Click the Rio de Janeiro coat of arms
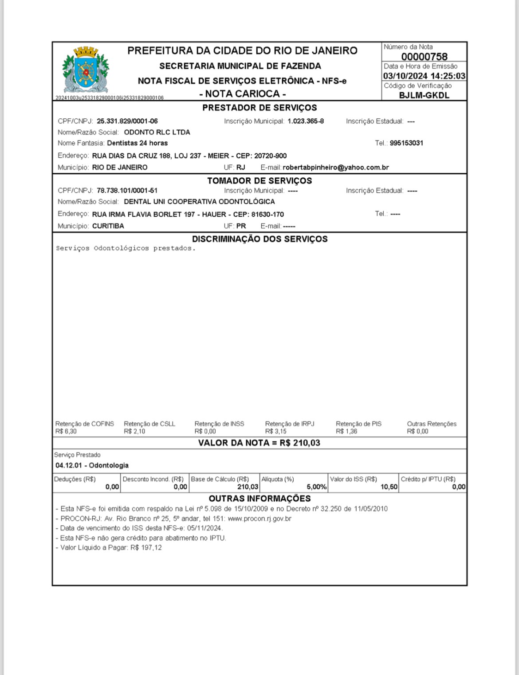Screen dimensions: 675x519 coord(86,70)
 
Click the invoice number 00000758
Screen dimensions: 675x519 coord(424,57)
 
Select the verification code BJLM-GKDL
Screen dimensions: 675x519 coord(424,95)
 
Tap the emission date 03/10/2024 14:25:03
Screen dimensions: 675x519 coord(424,76)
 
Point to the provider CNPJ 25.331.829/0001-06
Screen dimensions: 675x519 coord(127,121)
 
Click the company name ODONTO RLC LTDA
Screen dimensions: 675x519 coord(157,132)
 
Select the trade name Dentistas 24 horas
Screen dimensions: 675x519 coord(138,143)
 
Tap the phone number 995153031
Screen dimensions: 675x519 coord(406,143)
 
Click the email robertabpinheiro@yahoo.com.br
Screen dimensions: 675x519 coord(336,168)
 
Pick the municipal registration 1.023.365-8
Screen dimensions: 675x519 coord(306,121)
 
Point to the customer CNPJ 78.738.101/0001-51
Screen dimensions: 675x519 coord(127,191)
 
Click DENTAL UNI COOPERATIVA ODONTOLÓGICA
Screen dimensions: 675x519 coord(199,202)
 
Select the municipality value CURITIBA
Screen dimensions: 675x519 coord(108,226)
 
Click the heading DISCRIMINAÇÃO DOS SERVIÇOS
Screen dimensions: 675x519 coord(260,239)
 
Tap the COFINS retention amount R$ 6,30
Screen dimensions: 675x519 coord(66,431)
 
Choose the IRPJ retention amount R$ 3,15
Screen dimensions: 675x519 coord(276,431)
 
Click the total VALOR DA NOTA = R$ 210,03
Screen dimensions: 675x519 coord(259,443)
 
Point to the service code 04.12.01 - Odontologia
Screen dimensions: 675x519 coord(92,465)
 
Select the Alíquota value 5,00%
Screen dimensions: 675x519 coord(317,487)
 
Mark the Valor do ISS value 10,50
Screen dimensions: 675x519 coord(389,487)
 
